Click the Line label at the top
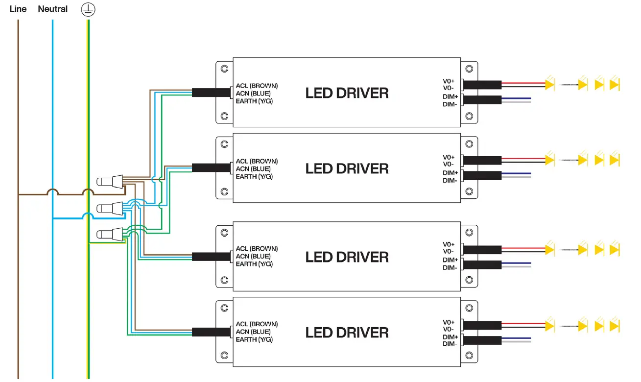point(18,9)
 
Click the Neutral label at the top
point(52,9)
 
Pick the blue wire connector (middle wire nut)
point(111,209)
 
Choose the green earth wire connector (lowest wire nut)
point(111,235)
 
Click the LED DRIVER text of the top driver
point(347,93)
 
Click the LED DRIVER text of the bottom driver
point(347,333)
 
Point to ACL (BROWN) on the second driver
point(257,161)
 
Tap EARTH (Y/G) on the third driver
point(254,264)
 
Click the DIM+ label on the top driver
point(450,96)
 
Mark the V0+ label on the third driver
point(449,244)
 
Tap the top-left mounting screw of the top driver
point(224,69)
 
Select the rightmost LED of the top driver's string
point(615,84)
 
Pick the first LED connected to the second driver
point(549,160)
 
